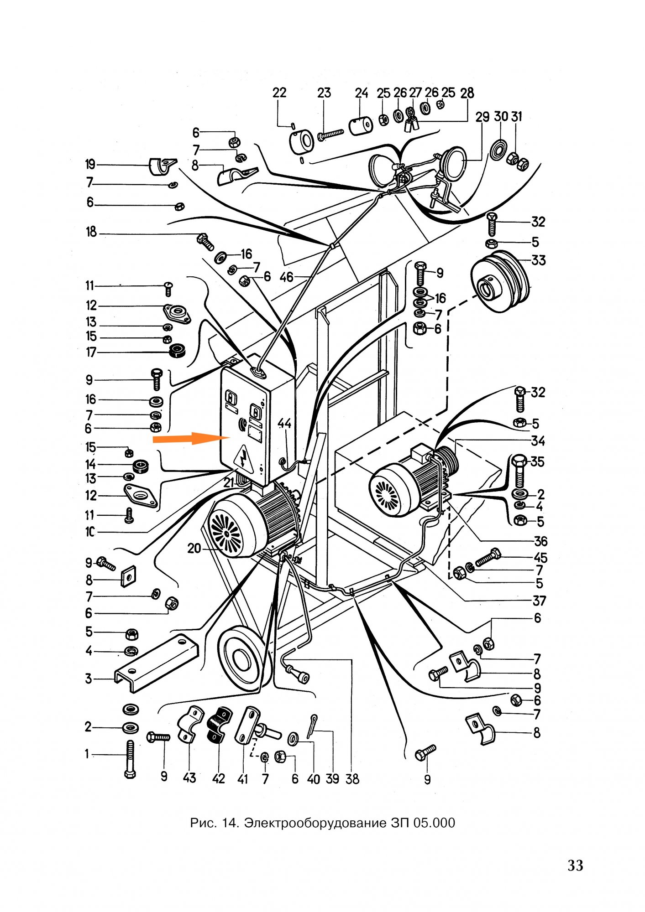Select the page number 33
(575, 865)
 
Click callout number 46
(287, 276)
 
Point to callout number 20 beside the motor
(194, 548)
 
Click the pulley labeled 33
(499, 281)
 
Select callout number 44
(284, 424)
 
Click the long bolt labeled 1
(130, 759)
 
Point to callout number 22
(279, 93)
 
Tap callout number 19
(90, 164)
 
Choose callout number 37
(539, 601)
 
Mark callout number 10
(90, 532)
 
